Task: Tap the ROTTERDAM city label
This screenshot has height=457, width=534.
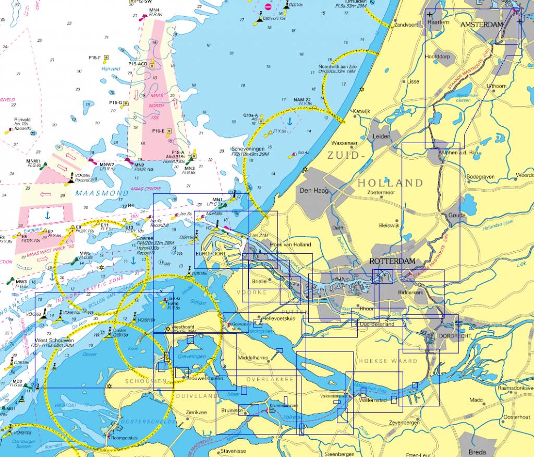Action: [392, 261]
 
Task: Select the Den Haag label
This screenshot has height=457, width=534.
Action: [313, 190]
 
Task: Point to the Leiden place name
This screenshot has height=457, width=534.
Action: [381, 136]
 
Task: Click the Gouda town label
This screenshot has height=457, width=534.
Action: [457, 215]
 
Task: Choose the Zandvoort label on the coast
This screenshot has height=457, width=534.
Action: [407, 25]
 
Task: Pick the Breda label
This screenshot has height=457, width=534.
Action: [477, 452]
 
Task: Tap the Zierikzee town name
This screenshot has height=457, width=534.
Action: [197, 412]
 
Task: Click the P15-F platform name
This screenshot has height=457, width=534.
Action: [94, 57]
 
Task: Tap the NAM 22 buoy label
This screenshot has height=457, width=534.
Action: [302, 99]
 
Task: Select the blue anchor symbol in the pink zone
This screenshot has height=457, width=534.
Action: [46, 214]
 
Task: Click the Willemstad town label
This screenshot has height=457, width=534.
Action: [373, 400]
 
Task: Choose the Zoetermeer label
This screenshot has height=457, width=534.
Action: [381, 192]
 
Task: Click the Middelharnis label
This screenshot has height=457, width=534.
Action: [252, 358]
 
